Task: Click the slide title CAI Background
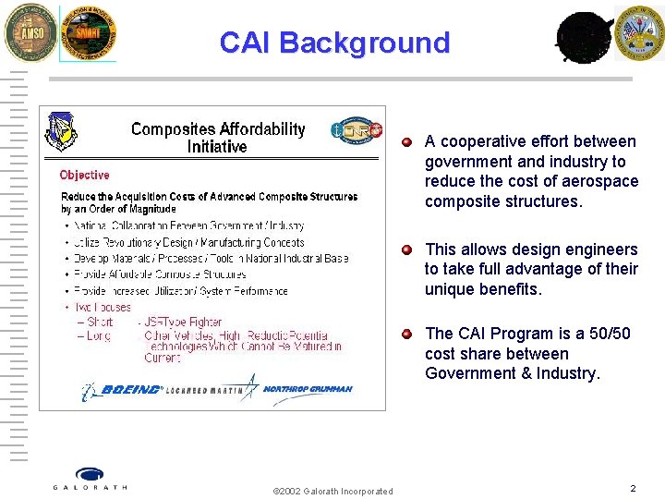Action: click(334, 43)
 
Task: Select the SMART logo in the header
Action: click(88, 34)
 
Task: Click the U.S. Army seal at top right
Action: click(639, 33)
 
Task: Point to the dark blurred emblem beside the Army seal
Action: click(584, 37)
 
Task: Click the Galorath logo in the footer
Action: click(90, 479)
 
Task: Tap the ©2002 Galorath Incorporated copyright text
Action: click(333, 491)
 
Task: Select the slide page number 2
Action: click(633, 488)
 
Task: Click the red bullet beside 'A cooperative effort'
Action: click(407, 142)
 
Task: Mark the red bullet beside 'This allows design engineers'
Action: click(407, 250)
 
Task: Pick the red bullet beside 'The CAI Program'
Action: click(407, 335)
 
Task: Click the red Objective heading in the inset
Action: click(84, 175)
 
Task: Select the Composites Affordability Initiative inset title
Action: click(217, 138)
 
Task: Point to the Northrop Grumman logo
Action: click(308, 389)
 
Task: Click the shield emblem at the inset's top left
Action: click(61, 131)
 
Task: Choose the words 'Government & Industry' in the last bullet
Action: click(512, 373)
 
